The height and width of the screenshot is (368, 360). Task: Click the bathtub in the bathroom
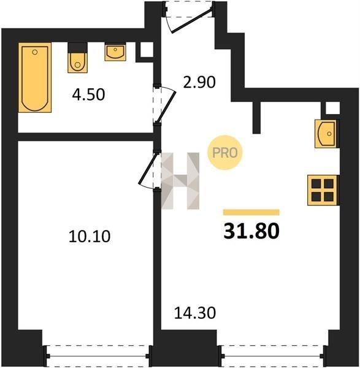pos(35,77)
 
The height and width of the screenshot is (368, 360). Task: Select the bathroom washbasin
pos(115,52)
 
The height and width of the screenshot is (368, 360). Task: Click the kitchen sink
pos(326,134)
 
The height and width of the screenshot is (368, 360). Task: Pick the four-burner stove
pos(323,190)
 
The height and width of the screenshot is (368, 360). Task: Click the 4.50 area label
pos(88,94)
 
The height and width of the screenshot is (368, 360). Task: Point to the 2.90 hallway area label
pos(199,82)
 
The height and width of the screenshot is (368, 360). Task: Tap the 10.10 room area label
pos(90,236)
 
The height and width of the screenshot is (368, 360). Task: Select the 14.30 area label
pos(195,313)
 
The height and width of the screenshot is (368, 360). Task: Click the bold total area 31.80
pos(251,231)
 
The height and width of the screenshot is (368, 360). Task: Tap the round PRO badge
pos(225,153)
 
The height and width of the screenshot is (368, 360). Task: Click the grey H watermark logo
pos(180,181)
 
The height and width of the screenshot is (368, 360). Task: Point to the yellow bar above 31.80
pos(251,212)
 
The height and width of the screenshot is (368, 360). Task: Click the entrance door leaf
pos(192,20)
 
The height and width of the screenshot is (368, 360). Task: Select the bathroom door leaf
pos(167,107)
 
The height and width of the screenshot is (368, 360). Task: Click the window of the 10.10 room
pos(98,356)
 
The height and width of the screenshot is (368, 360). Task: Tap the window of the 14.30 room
pos(272,356)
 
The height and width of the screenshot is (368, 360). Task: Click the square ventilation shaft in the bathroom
pos(147,50)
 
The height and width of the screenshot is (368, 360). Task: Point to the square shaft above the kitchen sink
pos(332,108)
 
